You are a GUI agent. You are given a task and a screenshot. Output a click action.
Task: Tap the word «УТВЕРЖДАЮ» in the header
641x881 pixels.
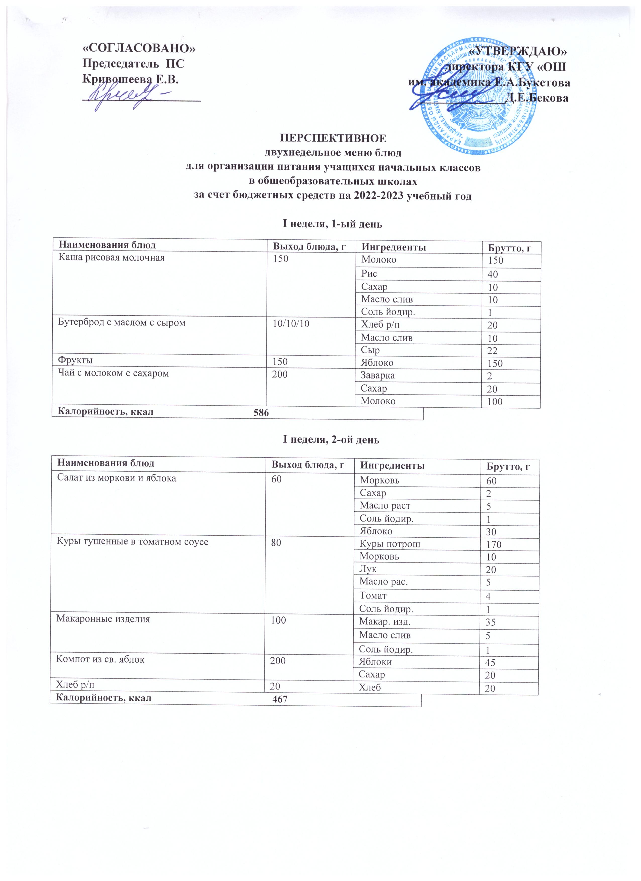(518, 51)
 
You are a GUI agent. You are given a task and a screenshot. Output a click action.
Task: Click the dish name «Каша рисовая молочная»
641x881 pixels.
(112, 258)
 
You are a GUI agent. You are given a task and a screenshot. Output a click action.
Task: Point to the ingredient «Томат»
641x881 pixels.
(373, 595)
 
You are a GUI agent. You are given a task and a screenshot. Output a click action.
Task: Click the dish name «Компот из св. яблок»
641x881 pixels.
(101, 660)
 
